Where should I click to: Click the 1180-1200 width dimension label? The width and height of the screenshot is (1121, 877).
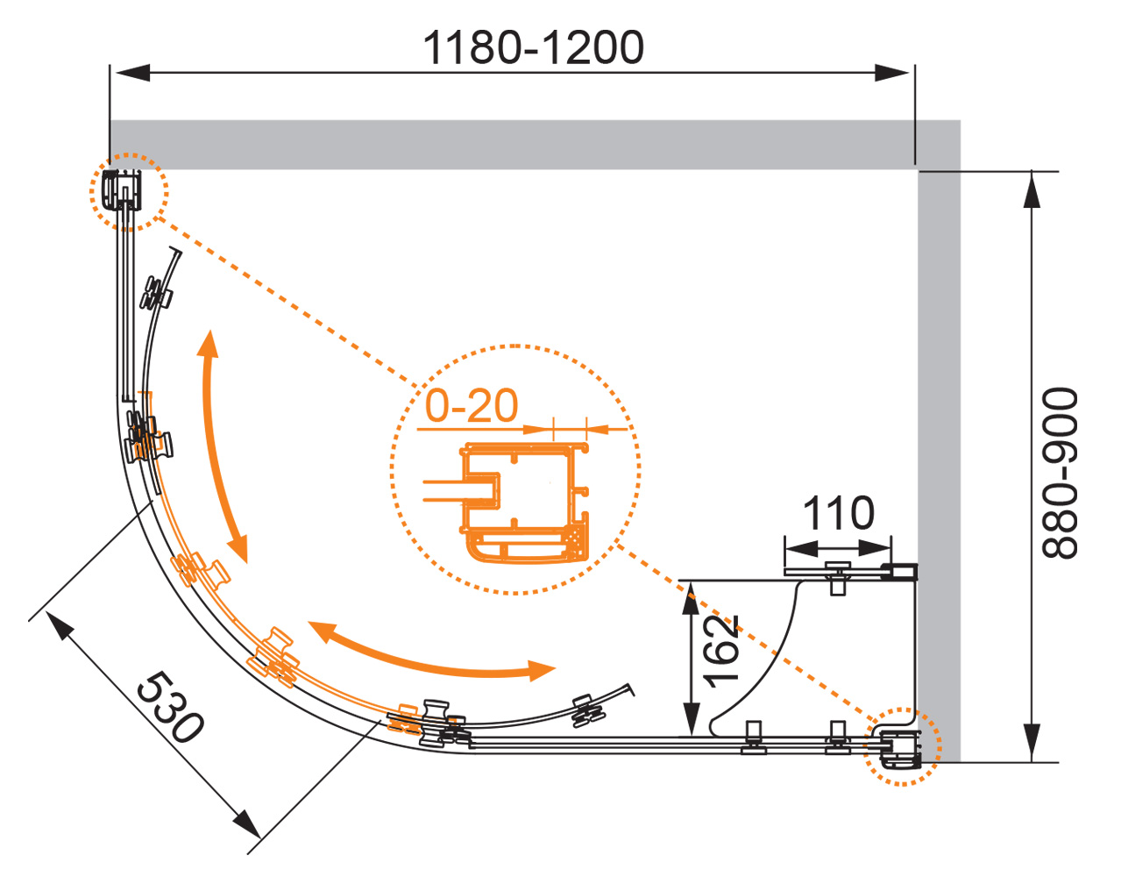pyautogui.click(x=533, y=47)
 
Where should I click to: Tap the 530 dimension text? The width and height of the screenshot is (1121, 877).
pyautogui.click(x=171, y=707)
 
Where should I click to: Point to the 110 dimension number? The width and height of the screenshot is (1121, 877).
pyautogui.click(x=838, y=513)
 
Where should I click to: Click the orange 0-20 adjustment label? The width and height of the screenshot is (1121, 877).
pyautogui.click(x=472, y=406)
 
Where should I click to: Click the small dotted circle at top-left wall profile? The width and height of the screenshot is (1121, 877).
pyautogui.click(x=128, y=191)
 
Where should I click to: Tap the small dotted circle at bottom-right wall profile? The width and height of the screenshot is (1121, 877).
pyautogui.click(x=903, y=745)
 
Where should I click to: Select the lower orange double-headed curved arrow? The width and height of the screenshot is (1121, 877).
pyautogui.click(x=429, y=654)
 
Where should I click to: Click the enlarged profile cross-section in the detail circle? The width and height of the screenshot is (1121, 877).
pyautogui.click(x=524, y=502)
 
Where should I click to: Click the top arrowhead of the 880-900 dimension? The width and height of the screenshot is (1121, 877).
pyautogui.click(x=1032, y=189)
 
